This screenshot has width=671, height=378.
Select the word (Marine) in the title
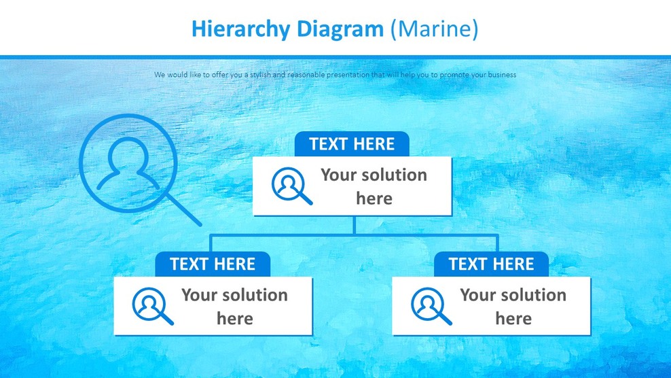(x=435, y=29)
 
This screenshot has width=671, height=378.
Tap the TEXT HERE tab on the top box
(x=352, y=144)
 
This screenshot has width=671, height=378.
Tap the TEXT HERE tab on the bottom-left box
(x=213, y=264)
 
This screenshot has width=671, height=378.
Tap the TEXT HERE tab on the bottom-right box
(x=491, y=264)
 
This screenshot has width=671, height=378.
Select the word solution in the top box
(x=393, y=175)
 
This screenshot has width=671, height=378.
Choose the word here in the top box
(x=374, y=199)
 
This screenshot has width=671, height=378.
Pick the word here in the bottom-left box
(x=235, y=319)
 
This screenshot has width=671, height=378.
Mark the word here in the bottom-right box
(x=513, y=319)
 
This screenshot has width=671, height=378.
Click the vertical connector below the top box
(x=354, y=225)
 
